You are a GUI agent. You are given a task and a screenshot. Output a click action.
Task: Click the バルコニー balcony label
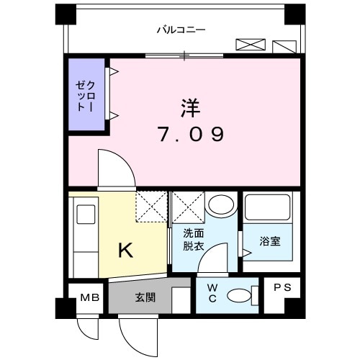[x=181, y=30]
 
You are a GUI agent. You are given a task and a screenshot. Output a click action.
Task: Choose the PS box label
[x=282, y=287]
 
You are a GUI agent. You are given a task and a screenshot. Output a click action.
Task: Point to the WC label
[x=212, y=294]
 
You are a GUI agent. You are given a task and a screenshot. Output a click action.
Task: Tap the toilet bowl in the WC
[x=238, y=295]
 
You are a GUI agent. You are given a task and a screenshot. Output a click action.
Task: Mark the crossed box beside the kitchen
[x=151, y=205]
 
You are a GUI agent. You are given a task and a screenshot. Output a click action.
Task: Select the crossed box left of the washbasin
[x=186, y=207]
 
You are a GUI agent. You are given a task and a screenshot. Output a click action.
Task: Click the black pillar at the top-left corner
[x=65, y=14]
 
